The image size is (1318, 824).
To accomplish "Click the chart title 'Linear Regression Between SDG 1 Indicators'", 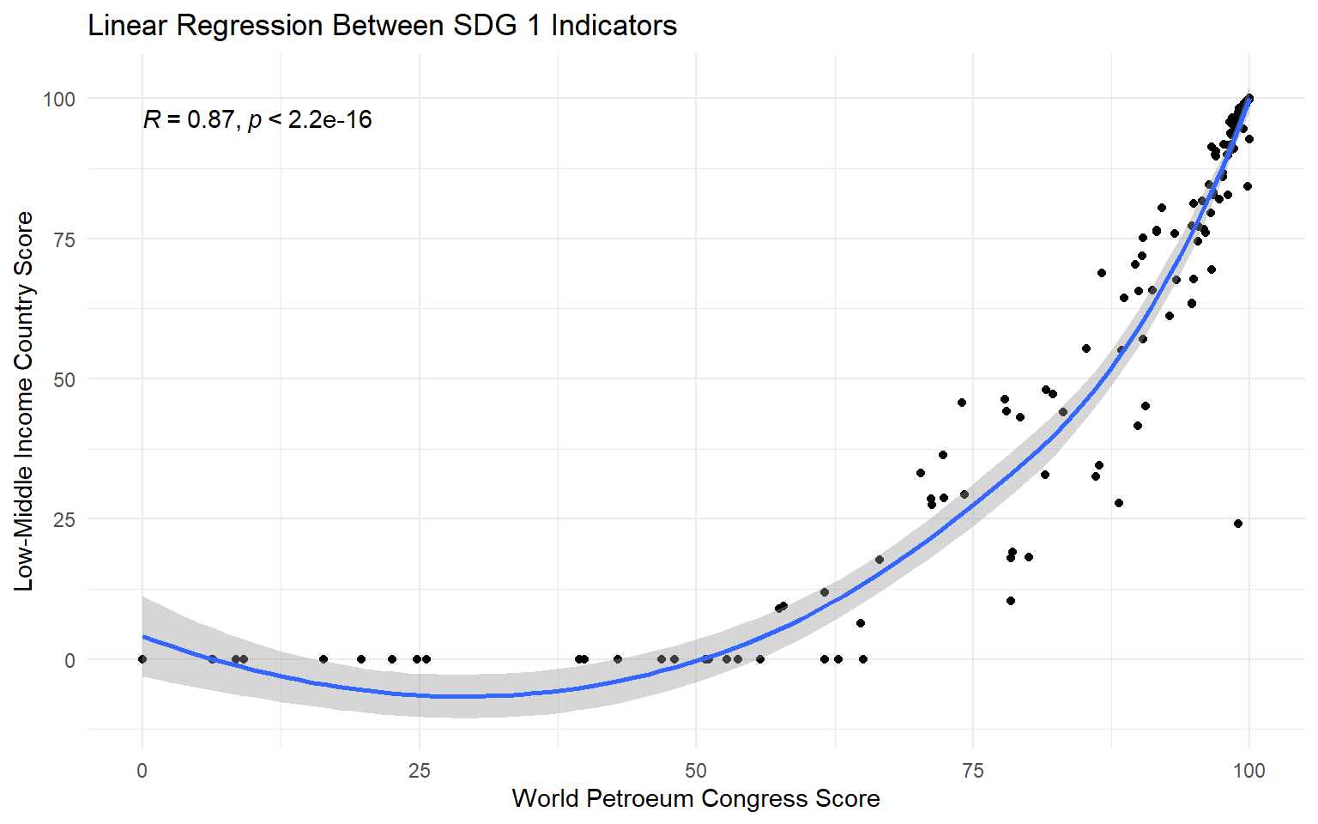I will click(383, 26).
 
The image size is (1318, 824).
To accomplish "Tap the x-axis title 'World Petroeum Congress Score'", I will click(696, 799).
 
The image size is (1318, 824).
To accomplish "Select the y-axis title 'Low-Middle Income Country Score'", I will click(24, 401).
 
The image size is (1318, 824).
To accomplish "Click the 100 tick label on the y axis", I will click(59, 99).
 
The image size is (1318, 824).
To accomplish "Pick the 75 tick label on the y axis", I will click(64, 239).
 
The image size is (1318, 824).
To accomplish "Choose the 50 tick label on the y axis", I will click(64, 379).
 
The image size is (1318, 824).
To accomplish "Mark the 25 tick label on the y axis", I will click(64, 519).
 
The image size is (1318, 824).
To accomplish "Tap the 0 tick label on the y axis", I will click(70, 660).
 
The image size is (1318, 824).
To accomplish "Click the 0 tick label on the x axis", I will click(142, 771).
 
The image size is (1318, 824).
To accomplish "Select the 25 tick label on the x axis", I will click(419, 771).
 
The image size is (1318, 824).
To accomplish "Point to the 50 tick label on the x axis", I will click(696, 771).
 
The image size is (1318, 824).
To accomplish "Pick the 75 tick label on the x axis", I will click(972, 771).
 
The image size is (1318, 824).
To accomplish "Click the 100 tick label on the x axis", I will click(1249, 771).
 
